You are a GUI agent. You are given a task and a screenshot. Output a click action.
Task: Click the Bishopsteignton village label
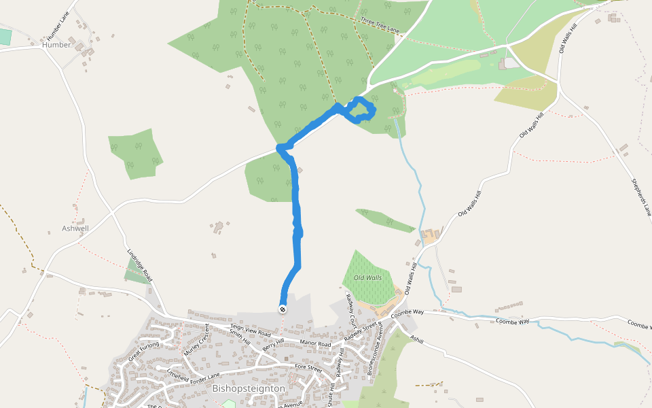[x=248, y=388]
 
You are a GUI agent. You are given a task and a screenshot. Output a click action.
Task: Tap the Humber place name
[x=56, y=45]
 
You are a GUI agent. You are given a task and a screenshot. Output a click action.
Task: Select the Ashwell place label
[x=75, y=228]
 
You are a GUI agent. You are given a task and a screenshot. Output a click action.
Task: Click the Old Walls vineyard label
[x=367, y=277]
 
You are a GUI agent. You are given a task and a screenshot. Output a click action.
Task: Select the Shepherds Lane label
[x=641, y=198]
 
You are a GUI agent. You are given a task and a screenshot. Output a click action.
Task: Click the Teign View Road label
[x=250, y=330]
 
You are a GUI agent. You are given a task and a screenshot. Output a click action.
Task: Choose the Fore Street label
[x=308, y=367]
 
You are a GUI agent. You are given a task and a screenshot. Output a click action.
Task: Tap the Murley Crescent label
[x=197, y=340]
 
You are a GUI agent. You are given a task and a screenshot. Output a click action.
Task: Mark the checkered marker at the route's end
[x=283, y=309]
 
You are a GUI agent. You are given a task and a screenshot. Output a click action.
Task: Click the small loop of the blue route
[x=361, y=110]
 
